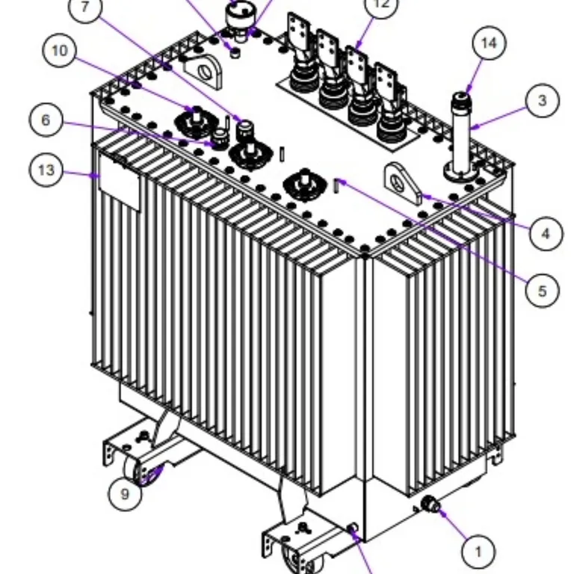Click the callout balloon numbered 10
(x=60, y=51)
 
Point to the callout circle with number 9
(x=125, y=493)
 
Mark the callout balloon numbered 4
(x=546, y=234)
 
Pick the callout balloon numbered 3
(x=543, y=100)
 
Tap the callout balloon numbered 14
(x=488, y=43)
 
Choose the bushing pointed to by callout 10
(x=195, y=120)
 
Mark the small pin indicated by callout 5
(x=337, y=183)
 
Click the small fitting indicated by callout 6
(x=220, y=139)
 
